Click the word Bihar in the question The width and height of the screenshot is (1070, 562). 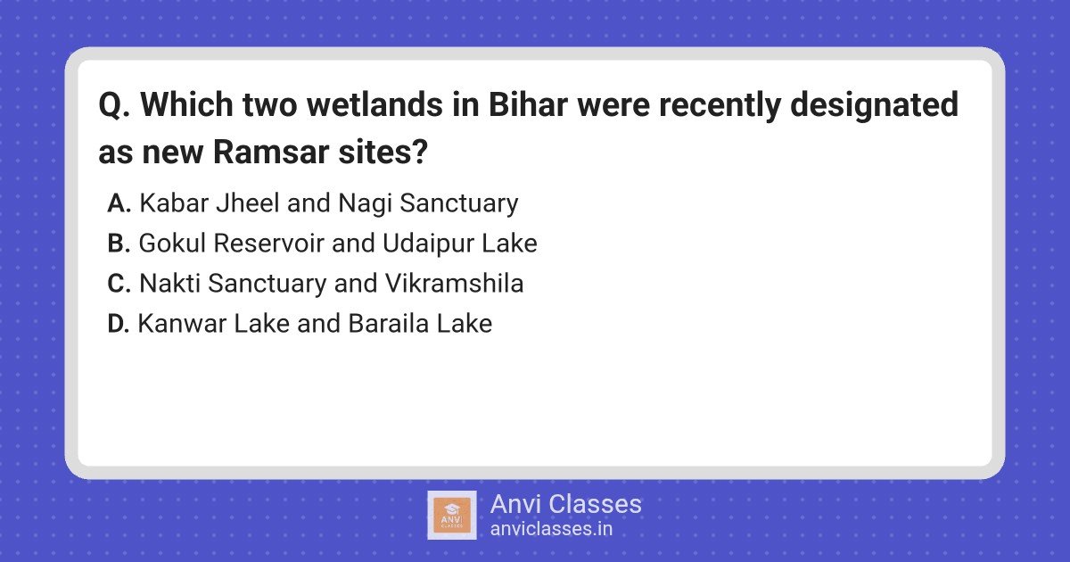click(528, 104)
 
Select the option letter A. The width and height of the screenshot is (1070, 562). click(119, 203)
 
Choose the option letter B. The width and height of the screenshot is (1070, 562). click(119, 244)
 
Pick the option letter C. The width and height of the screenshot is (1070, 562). click(119, 284)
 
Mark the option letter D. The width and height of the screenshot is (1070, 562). click(118, 324)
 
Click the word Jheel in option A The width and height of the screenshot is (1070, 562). click(248, 202)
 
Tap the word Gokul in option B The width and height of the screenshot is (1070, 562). click(172, 244)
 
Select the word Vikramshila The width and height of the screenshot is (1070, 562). click(454, 283)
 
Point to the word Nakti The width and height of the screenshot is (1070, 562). click(169, 283)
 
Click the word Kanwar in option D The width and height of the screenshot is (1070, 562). click(182, 324)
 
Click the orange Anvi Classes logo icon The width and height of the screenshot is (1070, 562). click(452, 516)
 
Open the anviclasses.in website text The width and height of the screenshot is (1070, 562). click(551, 529)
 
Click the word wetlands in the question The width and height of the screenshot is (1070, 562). click(374, 104)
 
